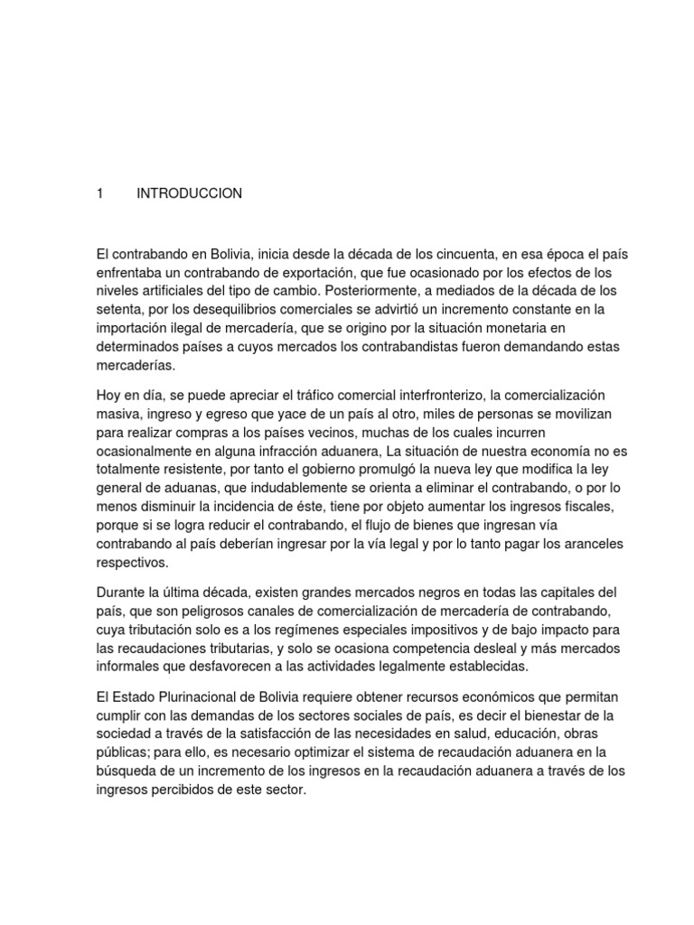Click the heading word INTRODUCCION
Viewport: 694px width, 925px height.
coord(189,193)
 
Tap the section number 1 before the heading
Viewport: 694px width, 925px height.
coord(100,193)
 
